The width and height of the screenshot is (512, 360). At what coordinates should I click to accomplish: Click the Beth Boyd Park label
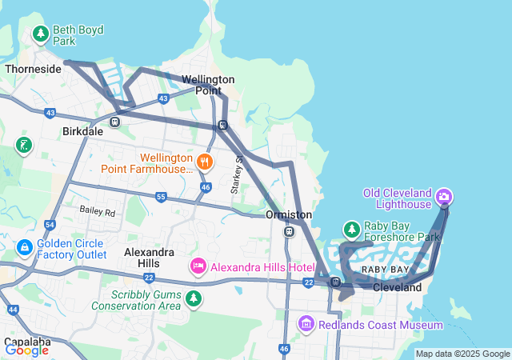pyautogui.click(x=77, y=34)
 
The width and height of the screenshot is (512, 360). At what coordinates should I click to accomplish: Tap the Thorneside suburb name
pyautogui.click(x=33, y=70)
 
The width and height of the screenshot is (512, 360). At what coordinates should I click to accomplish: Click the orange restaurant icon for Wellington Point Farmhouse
pyautogui.click(x=206, y=162)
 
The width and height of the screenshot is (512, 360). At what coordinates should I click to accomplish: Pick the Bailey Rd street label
pyautogui.click(x=97, y=212)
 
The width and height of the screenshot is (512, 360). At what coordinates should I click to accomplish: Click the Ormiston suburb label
pyautogui.click(x=288, y=215)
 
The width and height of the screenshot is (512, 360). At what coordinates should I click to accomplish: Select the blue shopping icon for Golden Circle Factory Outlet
pyautogui.click(x=24, y=248)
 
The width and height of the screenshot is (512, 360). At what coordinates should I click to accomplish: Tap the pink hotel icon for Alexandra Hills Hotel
pyautogui.click(x=198, y=266)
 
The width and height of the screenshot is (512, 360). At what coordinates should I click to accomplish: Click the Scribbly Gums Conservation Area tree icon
pyautogui.click(x=193, y=298)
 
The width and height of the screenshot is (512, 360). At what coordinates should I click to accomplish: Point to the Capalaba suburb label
pyautogui.click(x=26, y=342)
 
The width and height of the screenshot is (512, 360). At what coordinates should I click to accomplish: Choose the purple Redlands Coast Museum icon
pyautogui.click(x=306, y=324)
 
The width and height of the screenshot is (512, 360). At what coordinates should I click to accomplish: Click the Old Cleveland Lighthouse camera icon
pyautogui.click(x=445, y=196)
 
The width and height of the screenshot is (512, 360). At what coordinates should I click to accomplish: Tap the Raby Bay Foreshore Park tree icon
pyautogui.click(x=350, y=230)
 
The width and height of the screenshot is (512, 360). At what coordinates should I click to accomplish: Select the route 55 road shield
pyautogui.click(x=161, y=197)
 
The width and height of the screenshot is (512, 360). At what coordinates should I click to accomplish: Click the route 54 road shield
pyautogui.click(x=50, y=226)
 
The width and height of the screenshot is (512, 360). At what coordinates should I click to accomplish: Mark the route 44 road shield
pyautogui.click(x=12, y=309)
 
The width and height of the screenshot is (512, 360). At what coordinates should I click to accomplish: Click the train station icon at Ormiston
pyautogui.click(x=288, y=232)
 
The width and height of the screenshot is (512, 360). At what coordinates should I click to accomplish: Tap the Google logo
pyautogui.click(x=26, y=350)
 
